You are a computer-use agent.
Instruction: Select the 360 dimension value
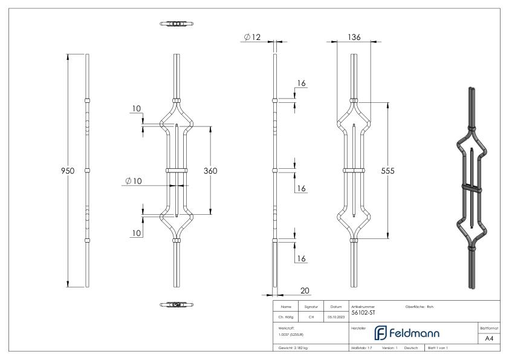click(210, 171)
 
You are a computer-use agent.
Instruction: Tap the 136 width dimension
click(355, 38)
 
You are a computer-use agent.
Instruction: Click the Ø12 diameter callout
click(252, 38)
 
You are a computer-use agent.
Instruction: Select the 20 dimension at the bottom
click(305, 291)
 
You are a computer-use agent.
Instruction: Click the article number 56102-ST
click(363, 313)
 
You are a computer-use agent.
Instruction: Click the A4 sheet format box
click(489, 339)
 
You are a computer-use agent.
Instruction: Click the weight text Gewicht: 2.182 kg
click(293, 349)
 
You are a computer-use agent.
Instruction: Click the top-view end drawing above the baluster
click(177, 24)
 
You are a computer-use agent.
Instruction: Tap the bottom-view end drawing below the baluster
click(177, 304)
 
